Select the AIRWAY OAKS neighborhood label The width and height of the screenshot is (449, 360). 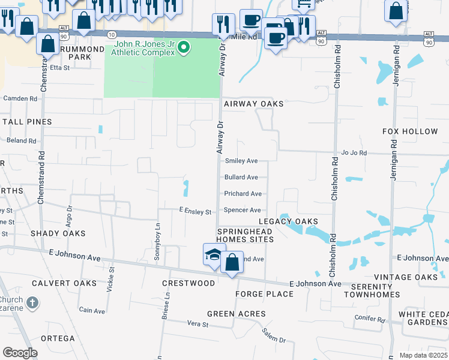tap(253, 104)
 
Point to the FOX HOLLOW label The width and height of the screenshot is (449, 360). tap(410, 131)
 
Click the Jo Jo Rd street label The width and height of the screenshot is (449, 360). tap(354, 153)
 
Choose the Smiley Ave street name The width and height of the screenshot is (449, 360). tap(241, 161)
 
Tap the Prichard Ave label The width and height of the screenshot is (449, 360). tap(243, 194)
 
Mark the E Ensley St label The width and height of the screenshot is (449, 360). tap(195, 212)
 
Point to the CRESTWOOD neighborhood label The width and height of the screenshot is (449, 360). tap(188, 283)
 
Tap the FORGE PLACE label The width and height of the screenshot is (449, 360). tap(264, 294)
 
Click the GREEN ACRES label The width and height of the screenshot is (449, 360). tap(236, 314)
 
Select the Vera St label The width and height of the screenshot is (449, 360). tap(197, 325)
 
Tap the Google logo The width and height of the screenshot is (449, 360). tap(20, 352)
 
